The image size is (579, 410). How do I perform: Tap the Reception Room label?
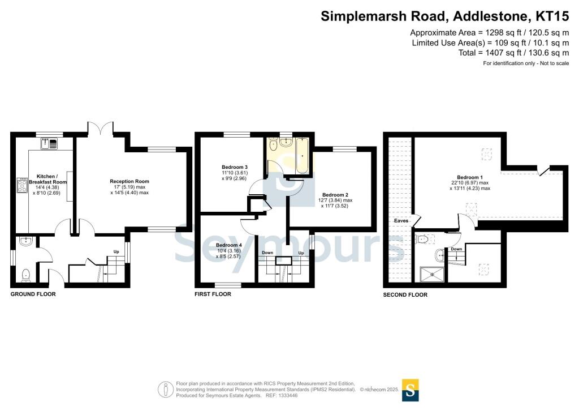pyautogui.click(x=129, y=182)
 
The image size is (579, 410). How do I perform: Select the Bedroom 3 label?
pyautogui.click(x=234, y=167)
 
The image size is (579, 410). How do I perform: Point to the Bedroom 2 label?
pyautogui.click(x=332, y=194)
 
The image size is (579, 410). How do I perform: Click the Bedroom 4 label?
pyautogui.click(x=230, y=245)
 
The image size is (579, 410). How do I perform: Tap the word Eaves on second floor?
pyautogui.click(x=401, y=220)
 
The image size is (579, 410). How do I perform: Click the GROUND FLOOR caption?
pyautogui.click(x=33, y=294)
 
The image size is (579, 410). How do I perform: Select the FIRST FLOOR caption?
pyautogui.click(x=213, y=294)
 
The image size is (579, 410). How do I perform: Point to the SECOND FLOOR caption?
pyautogui.click(x=405, y=295)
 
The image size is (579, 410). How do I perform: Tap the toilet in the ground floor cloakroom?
pyautogui.click(x=25, y=275)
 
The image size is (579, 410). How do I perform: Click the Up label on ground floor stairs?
pyautogui.click(x=116, y=251)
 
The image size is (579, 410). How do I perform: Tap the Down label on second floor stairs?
pyautogui.click(x=456, y=249)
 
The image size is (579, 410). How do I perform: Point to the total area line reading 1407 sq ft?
pyautogui.click(x=513, y=53)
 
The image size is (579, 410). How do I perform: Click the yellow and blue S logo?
pyautogui.click(x=410, y=390)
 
